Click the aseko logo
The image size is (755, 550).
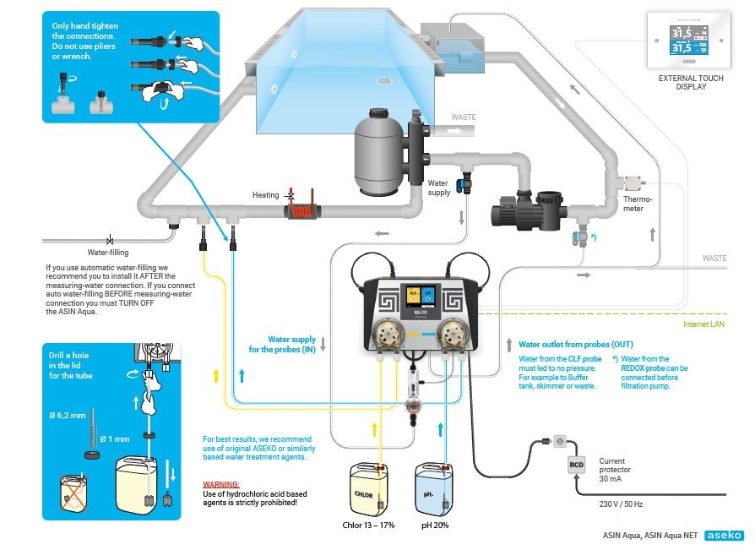coord(724,535)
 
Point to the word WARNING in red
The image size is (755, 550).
coord(220,483)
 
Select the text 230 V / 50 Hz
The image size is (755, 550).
coord(621,504)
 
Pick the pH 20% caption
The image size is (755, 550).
coord(435,524)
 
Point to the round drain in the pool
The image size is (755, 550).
coord(384,81)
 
